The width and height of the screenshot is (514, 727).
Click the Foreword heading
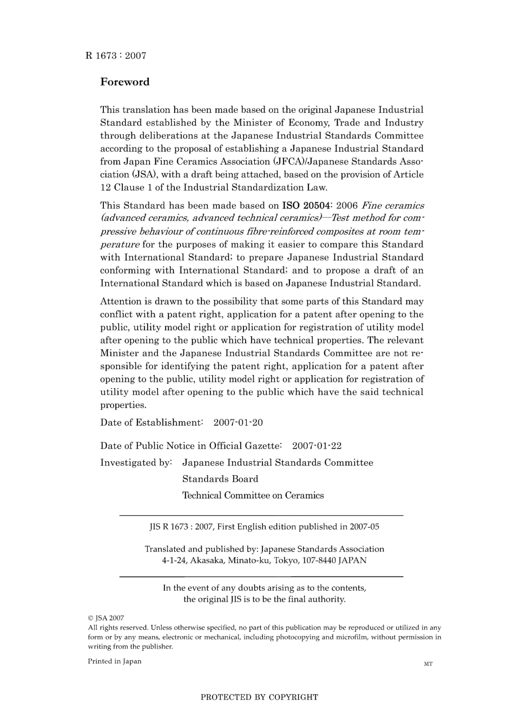click(124, 82)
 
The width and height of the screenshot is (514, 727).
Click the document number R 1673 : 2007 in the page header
click(115, 56)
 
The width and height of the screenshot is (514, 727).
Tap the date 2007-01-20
click(238, 422)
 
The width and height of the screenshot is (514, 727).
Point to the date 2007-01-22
click(317, 446)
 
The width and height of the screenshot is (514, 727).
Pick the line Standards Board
click(220, 479)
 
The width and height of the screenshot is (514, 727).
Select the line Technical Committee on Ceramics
click(253, 496)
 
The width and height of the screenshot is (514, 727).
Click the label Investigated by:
click(136, 463)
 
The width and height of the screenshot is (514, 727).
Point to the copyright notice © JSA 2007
click(106, 618)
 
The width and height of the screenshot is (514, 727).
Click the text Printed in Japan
click(114, 661)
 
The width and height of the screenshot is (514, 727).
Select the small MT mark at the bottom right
click(428, 664)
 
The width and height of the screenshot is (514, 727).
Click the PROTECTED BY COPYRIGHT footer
click(259, 697)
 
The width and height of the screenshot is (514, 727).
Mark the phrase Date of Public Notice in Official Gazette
click(190, 446)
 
